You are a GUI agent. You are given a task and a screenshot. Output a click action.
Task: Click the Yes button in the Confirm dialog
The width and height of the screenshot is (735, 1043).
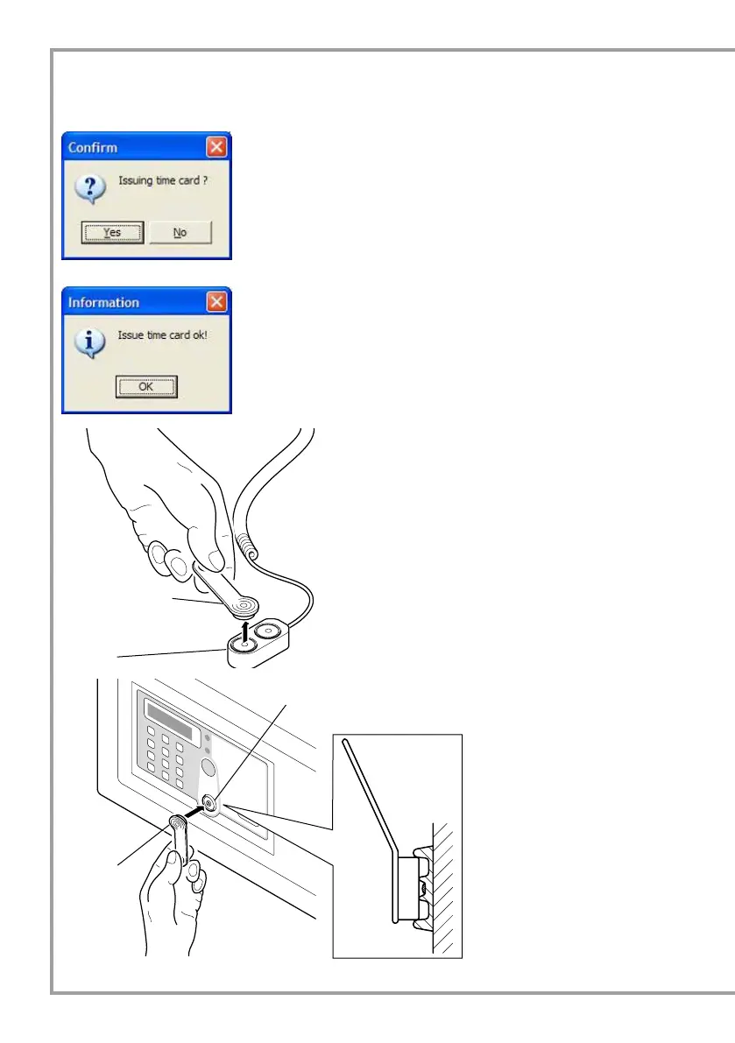pos(112,232)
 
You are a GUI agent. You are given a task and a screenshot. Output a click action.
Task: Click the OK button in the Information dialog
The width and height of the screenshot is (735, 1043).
pos(146,386)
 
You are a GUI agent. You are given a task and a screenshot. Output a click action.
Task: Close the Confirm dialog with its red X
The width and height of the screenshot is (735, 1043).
pos(217,146)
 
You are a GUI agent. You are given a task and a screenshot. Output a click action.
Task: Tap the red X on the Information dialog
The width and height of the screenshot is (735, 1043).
pos(217,302)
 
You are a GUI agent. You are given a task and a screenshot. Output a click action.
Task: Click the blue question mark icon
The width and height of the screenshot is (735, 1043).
pos(89,187)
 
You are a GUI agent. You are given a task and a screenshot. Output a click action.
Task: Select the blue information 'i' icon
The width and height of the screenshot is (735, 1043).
pos(89,342)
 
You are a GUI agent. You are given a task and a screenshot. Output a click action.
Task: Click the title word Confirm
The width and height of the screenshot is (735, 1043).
pos(93,147)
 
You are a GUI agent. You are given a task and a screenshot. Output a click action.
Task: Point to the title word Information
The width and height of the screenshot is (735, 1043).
pos(103,302)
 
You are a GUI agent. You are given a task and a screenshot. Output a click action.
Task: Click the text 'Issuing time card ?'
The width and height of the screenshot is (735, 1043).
pos(163,181)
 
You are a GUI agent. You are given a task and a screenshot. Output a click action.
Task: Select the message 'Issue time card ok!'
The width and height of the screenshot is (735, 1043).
pos(163,335)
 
